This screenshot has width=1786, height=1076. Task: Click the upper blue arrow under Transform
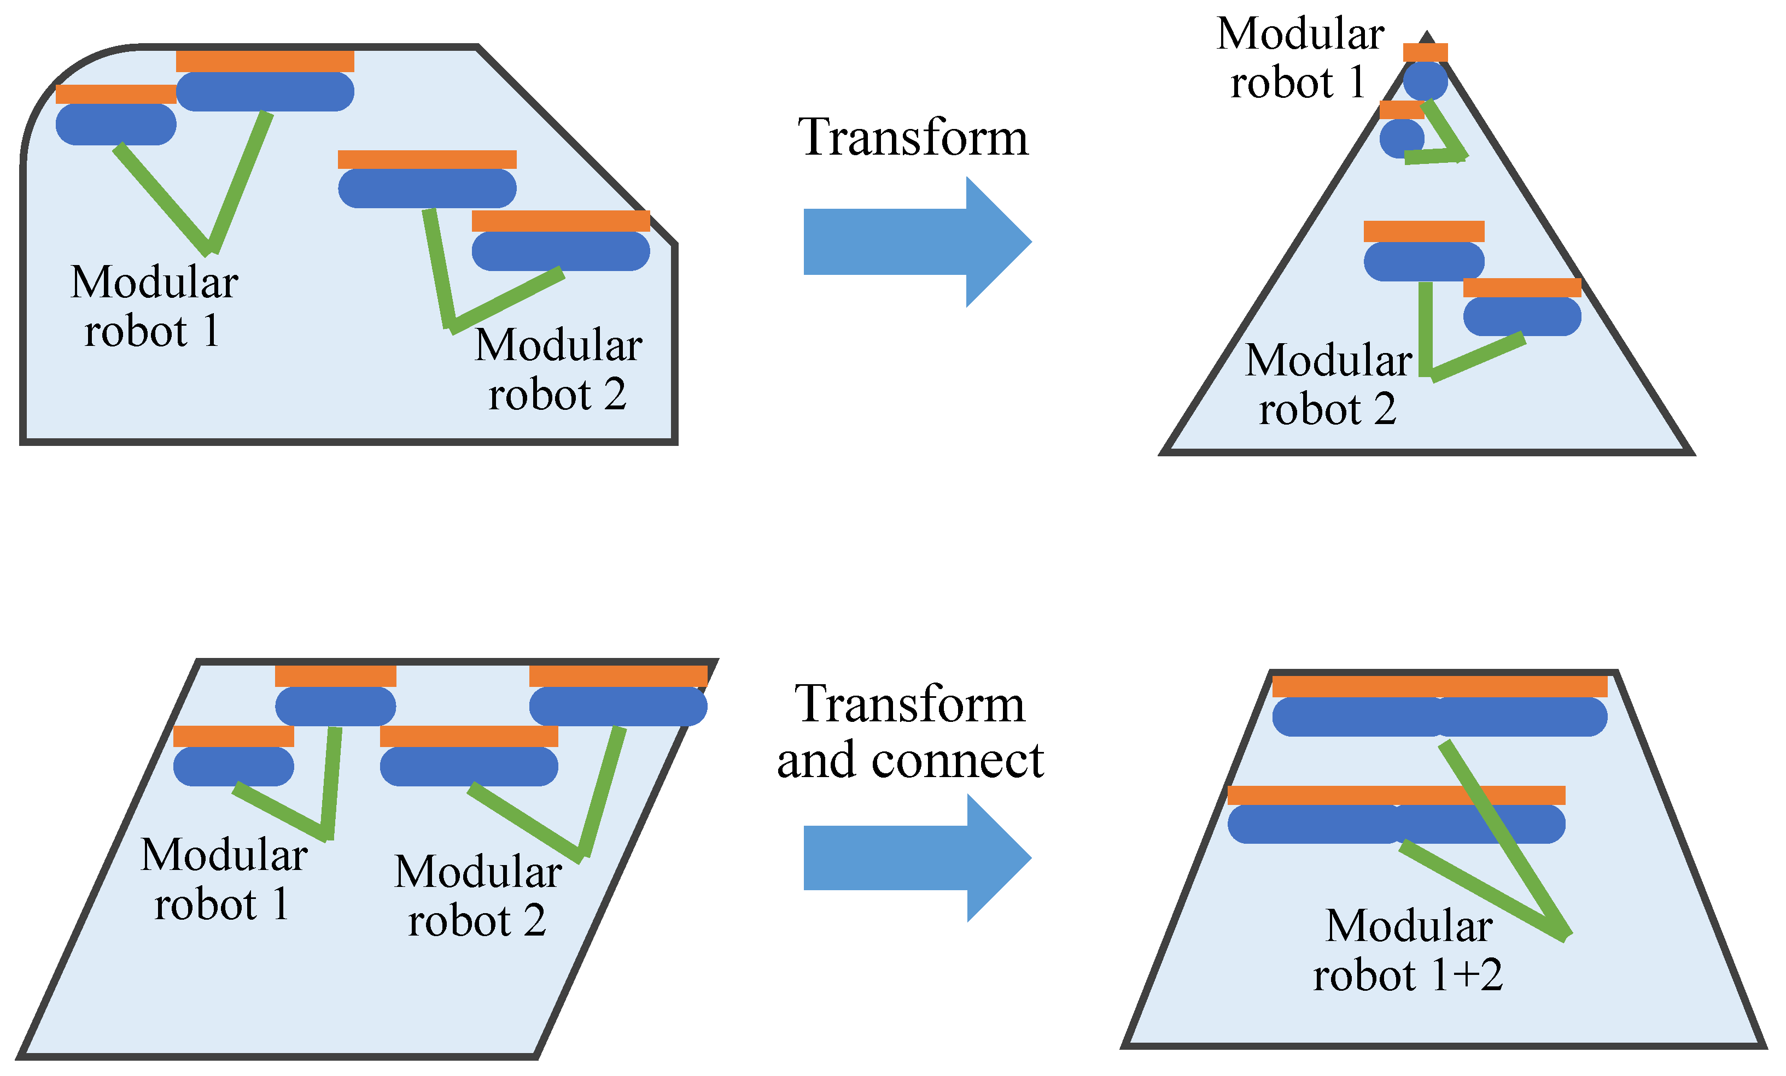[906, 242]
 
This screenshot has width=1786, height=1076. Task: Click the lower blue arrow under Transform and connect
[906, 858]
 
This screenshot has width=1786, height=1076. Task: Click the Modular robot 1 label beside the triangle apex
[1299, 58]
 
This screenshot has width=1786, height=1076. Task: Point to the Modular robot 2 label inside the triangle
[1328, 384]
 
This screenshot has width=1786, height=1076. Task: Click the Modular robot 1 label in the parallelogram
[223, 879]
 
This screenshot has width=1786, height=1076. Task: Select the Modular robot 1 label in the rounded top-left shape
[154, 306]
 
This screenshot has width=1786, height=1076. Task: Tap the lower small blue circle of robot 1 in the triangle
[1401, 138]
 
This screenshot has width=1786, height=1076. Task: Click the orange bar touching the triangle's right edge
[1521, 287]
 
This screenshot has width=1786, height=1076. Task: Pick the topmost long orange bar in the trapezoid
[1439, 686]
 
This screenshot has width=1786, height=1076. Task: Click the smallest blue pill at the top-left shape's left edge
[116, 125]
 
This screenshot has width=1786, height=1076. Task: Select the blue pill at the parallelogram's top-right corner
[617, 707]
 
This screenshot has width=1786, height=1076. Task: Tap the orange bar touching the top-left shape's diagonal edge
[561, 221]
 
